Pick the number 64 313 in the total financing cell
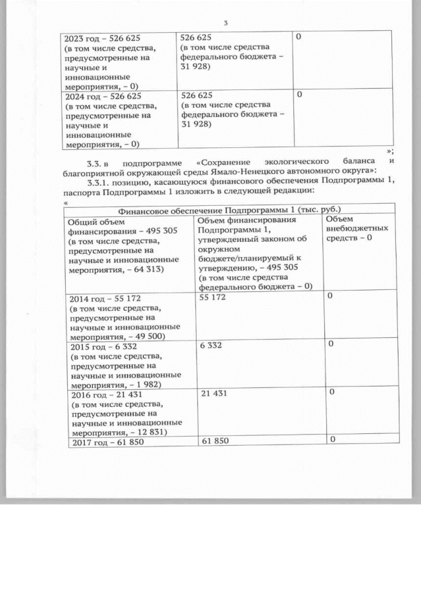147,269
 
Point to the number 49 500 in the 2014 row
147,335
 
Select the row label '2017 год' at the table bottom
89,442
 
